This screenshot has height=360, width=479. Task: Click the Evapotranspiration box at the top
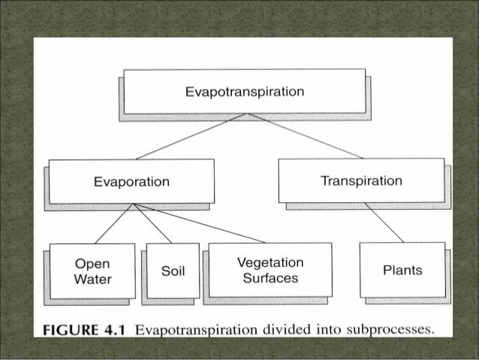(244, 92)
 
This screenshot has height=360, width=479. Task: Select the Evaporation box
(131, 181)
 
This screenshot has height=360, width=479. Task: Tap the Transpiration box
(360, 180)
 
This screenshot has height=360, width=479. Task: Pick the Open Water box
(92, 271)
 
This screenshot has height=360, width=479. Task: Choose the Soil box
(173, 271)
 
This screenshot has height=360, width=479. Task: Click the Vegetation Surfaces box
(270, 270)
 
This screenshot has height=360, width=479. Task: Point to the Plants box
(402, 270)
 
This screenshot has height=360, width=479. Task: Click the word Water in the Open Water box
(92, 280)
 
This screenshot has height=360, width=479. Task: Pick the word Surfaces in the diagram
(270, 278)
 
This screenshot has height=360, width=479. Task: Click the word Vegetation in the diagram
(270, 262)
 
